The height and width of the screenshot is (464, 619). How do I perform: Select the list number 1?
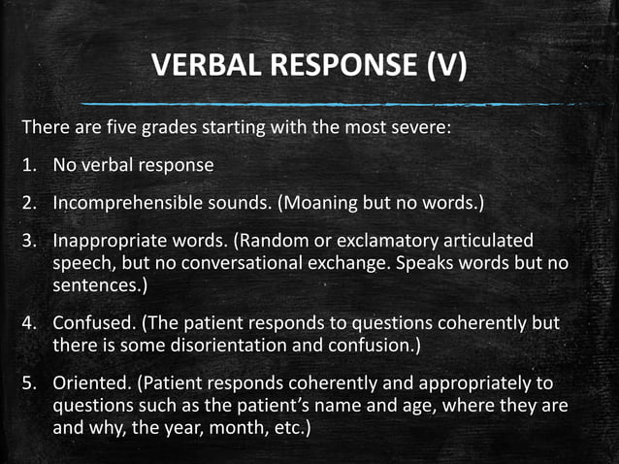point(31,165)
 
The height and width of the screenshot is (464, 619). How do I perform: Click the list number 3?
point(31,240)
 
